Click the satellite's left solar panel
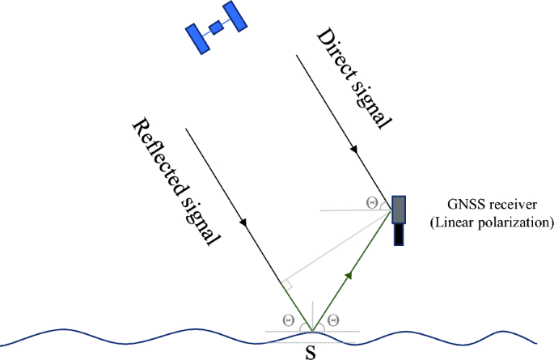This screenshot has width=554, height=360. click(197, 39)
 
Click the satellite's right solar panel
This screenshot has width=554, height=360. click(235, 15)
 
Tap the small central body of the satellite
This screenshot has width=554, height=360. click(216, 28)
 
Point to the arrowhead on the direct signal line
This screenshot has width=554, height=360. click(353, 151)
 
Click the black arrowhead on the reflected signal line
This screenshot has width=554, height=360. click(241, 221)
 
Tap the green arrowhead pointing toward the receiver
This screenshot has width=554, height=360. click(349, 275)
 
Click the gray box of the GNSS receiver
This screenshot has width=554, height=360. click(400, 209)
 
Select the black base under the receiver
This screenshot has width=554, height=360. click(400, 234)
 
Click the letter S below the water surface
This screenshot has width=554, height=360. click(310, 352)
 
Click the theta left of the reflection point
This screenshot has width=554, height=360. click(288, 320)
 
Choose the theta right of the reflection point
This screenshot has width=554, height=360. click(332, 320)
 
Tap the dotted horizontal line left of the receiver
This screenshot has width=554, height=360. click(348, 210)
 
